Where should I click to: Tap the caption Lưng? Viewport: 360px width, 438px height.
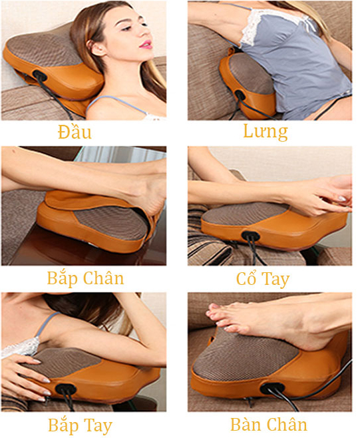(266, 131)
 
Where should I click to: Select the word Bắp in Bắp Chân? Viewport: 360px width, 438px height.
(61, 278)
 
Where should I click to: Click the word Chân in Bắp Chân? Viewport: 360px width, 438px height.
(103, 278)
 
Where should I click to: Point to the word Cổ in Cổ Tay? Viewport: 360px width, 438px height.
(246, 278)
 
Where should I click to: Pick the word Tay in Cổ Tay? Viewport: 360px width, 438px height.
(275, 280)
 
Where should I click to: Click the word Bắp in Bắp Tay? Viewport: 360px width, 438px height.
(63, 425)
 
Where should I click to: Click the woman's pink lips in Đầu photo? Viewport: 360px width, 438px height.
(146, 45)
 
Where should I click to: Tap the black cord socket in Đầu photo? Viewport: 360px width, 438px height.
(40, 75)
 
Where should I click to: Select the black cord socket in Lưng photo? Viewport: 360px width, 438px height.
(240, 95)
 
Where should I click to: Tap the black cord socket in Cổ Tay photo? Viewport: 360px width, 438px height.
(250, 236)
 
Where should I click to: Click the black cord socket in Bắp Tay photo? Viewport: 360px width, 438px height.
(66, 389)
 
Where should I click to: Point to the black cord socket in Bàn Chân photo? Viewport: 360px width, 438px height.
(272, 387)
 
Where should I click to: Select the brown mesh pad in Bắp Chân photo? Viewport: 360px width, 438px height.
(112, 222)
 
